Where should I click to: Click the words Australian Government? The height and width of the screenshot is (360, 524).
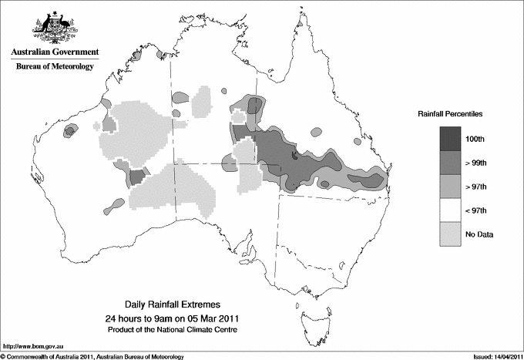tap(54, 52)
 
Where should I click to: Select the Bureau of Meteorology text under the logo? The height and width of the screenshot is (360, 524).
tap(54, 67)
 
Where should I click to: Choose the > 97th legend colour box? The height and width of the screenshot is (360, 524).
tap(450, 186)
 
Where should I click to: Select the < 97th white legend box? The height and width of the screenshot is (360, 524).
tap(450, 210)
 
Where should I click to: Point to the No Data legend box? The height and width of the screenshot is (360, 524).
tap(450, 234)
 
